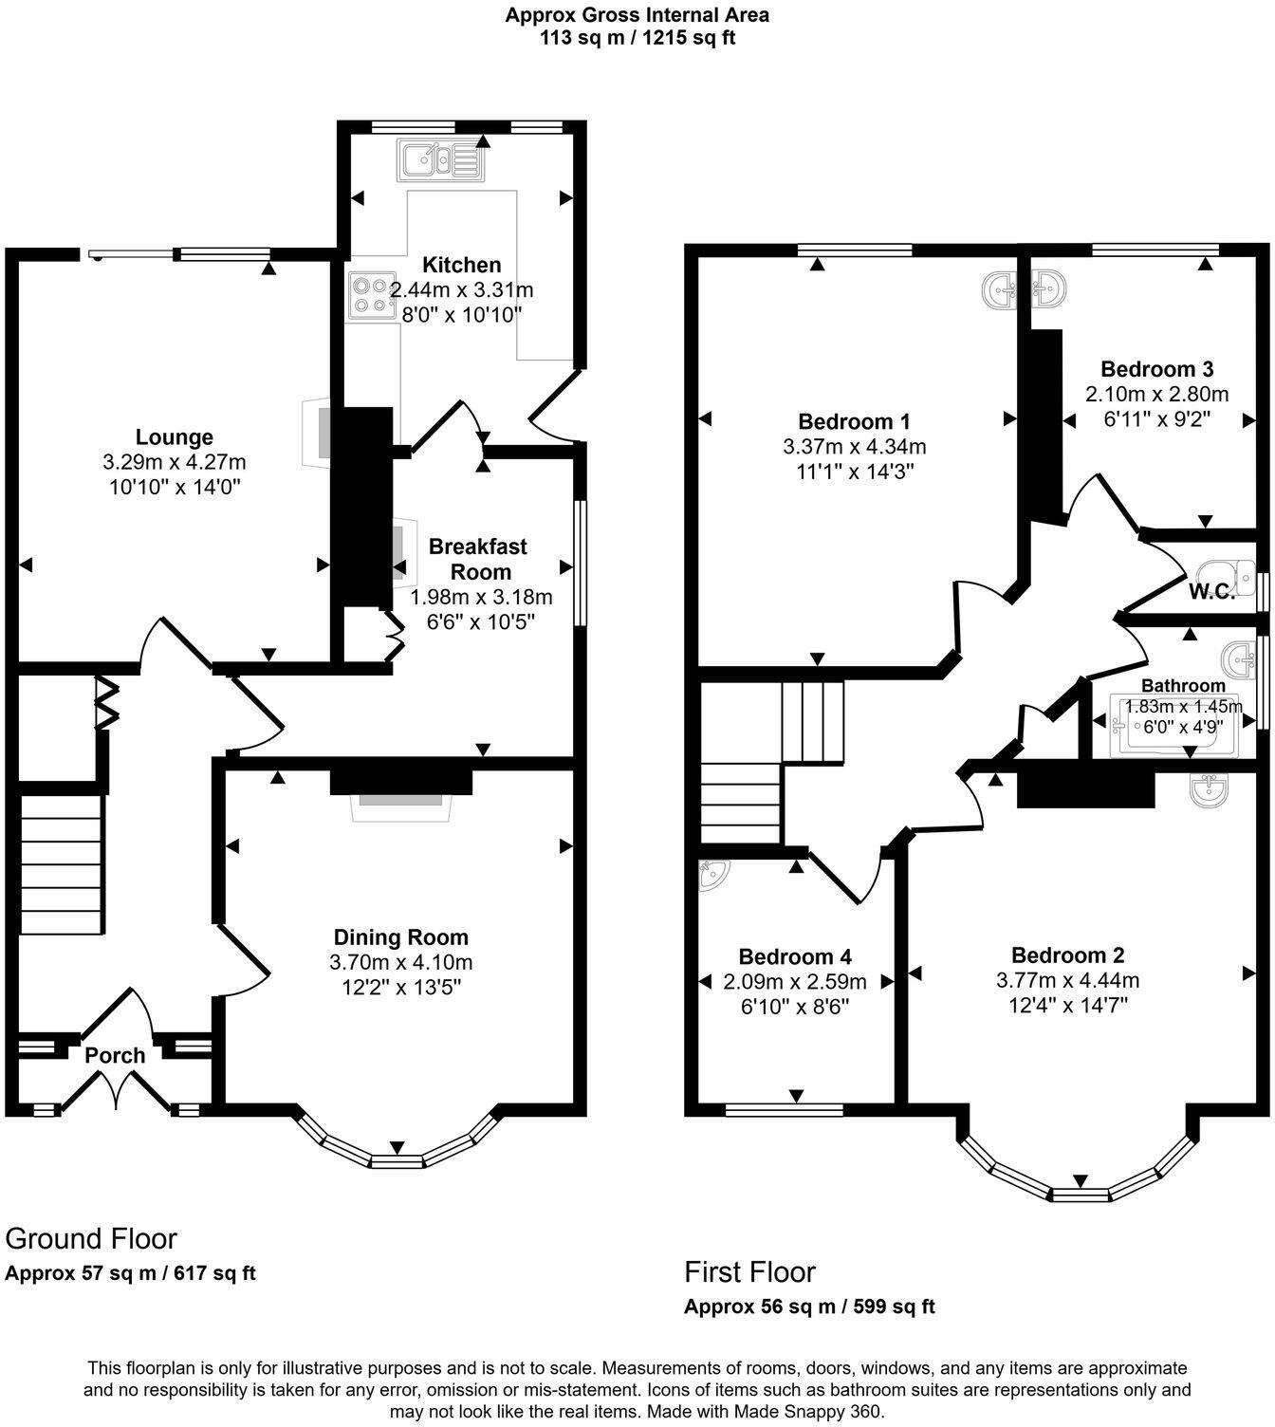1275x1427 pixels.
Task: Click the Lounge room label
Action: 174,437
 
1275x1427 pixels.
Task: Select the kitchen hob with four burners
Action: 372,294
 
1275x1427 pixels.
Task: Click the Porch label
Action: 115,1055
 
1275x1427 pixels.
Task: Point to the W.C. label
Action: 1211,592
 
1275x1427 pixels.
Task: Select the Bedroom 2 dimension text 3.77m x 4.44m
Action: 1067,980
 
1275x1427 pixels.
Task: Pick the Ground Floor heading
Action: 91,1238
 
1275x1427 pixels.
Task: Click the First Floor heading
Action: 749,1271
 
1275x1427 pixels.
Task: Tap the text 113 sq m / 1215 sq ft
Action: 637,38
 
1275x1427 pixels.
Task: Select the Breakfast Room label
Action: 479,559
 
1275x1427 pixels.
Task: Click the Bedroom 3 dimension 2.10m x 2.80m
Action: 1156,394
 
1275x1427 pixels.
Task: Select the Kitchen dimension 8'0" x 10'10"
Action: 462,314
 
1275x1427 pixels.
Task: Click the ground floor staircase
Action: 62,864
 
